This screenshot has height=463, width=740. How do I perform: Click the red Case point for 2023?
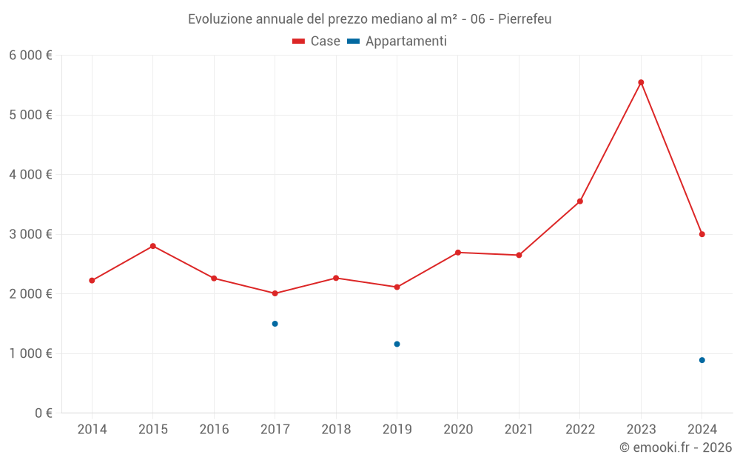(x=641, y=82)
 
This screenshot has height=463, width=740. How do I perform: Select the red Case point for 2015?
(x=153, y=246)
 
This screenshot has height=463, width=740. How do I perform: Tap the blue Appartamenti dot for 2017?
(x=275, y=324)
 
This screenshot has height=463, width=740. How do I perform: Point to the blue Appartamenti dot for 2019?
(x=397, y=344)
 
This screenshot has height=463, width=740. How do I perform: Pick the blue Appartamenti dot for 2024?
(x=702, y=360)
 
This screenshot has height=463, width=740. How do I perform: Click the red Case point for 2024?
(x=702, y=234)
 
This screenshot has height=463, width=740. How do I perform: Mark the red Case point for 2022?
(x=580, y=201)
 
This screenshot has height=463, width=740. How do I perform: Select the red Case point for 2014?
(x=92, y=281)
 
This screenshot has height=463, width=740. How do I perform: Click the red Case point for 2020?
(x=458, y=253)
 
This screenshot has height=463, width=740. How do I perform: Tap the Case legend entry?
(x=317, y=41)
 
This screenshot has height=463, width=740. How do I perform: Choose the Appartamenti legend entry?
(x=397, y=41)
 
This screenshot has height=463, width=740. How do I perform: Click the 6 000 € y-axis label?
(x=30, y=56)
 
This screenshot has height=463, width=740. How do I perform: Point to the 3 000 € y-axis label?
(x=30, y=234)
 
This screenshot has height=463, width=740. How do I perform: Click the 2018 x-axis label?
(x=336, y=430)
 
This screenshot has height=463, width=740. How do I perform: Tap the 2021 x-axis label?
(x=519, y=430)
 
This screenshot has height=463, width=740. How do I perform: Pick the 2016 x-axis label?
(x=214, y=430)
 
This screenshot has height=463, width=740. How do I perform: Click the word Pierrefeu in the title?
(x=525, y=19)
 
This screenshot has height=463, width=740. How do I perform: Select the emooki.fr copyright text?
(x=676, y=447)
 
